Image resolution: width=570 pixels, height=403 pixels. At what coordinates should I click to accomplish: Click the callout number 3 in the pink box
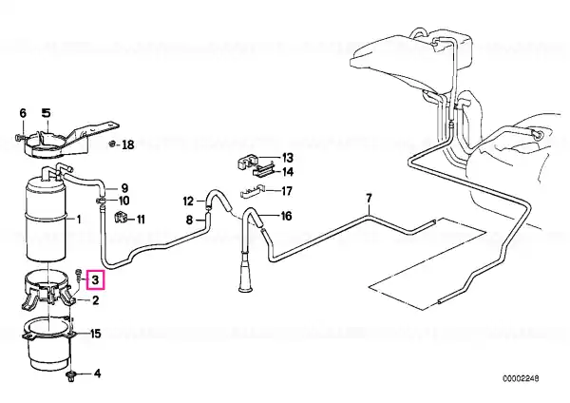tap(95, 280)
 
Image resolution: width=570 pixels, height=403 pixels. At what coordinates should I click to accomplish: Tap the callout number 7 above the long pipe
tap(369, 199)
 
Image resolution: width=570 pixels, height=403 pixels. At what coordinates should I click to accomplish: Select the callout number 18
tap(127, 145)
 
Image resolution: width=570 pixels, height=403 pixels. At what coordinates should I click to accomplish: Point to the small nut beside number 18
tap(113, 144)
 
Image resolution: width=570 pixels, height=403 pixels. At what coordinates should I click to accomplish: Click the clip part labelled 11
tap(120, 218)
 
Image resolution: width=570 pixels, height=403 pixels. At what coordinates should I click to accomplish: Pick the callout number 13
tap(287, 158)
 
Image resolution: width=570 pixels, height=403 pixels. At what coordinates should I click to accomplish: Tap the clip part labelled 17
tap(252, 191)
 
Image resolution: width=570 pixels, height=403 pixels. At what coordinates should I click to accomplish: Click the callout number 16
tap(287, 217)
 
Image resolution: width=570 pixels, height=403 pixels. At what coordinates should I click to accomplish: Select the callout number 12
tap(189, 201)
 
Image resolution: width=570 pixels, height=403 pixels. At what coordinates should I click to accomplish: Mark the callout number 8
tap(189, 221)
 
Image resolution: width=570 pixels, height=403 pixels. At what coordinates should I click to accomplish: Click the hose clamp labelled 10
tap(102, 200)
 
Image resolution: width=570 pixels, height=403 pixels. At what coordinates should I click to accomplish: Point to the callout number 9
tap(124, 188)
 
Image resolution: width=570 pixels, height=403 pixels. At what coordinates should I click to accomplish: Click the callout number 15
tap(95, 334)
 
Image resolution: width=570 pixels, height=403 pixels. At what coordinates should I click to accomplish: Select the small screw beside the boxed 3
tap(79, 276)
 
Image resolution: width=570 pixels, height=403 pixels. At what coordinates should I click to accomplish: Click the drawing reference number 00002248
tap(521, 378)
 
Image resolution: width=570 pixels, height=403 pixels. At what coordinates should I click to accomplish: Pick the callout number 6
tap(23, 113)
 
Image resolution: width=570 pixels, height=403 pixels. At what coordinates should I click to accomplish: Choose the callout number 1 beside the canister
tap(78, 219)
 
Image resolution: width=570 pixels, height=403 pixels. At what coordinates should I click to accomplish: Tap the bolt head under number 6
tap(19, 138)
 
